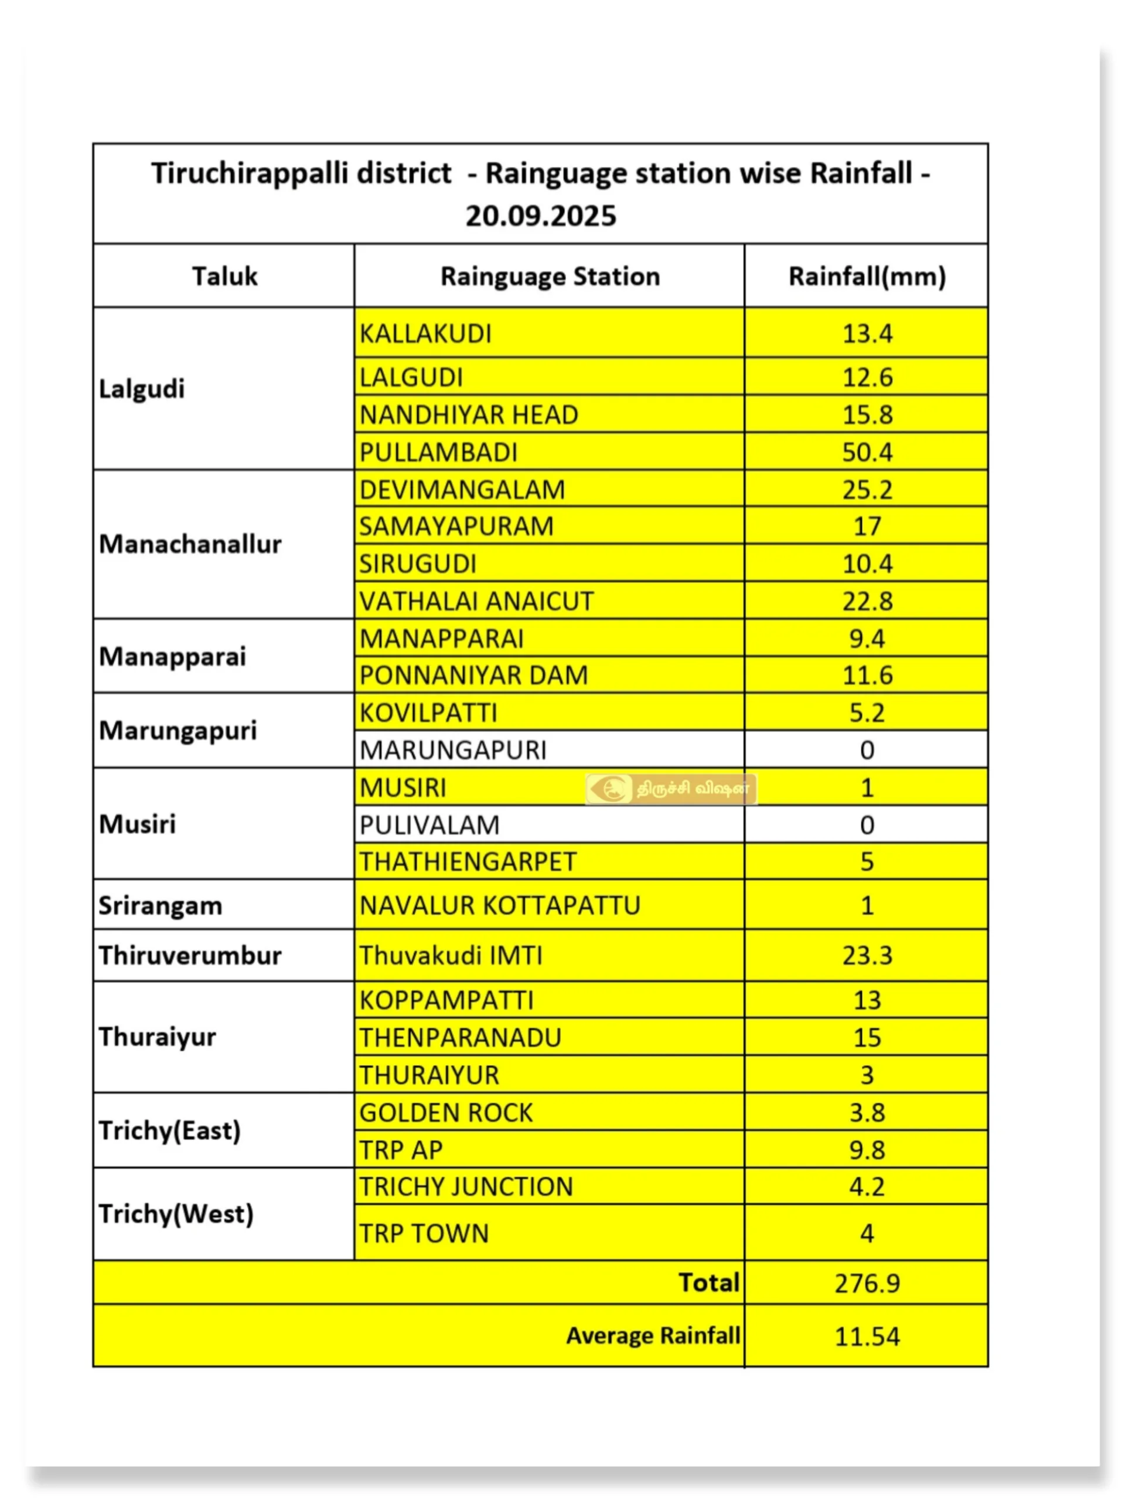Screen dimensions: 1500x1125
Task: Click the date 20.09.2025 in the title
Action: click(x=540, y=216)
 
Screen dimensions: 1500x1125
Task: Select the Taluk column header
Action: click(x=224, y=277)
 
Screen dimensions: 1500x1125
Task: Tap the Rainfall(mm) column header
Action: click(x=867, y=277)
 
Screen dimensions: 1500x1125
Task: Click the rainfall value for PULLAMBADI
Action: click(x=867, y=452)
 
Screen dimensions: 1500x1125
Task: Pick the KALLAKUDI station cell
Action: click(x=426, y=333)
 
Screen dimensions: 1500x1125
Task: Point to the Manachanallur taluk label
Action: click(x=190, y=544)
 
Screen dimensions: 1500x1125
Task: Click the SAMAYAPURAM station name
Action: click(x=456, y=526)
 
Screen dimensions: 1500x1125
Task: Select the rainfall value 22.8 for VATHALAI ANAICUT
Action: click(x=867, y=601)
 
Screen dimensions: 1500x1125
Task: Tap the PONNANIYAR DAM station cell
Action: click(x=473, y=676)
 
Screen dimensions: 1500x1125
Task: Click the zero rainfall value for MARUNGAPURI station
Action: click(x=867, y=750)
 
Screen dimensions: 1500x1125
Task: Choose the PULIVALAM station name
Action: click(x=429, y=825)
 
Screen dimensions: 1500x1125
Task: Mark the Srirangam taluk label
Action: click(x=160, y=905)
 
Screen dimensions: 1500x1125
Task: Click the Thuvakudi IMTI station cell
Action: click(x=451, y=956)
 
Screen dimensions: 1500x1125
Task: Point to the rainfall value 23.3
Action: click(x=867, y=956)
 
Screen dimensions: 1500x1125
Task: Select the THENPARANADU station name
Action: click(x=461, y=1038)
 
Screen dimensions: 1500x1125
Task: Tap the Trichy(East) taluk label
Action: click(x=169, y=1130)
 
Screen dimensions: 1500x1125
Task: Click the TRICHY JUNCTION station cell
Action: click(x=466, y=1187)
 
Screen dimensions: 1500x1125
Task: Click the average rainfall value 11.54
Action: click(x=867, y=1337)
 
